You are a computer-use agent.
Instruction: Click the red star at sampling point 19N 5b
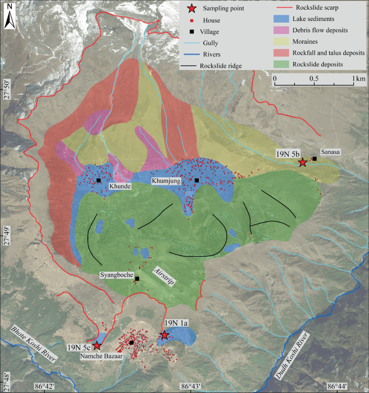(x=303, y=162)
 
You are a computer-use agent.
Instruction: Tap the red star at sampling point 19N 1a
(x=164, y=335)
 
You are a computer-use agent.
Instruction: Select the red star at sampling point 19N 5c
(x=97, y=346)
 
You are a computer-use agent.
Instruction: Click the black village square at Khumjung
(x=197, y=180)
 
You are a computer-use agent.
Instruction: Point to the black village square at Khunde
(x=99, y=180)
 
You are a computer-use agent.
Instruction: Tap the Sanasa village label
(x=331, y=152)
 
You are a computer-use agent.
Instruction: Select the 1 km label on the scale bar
(x=359, y=78)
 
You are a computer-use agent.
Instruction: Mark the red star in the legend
(x=191, y=9)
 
